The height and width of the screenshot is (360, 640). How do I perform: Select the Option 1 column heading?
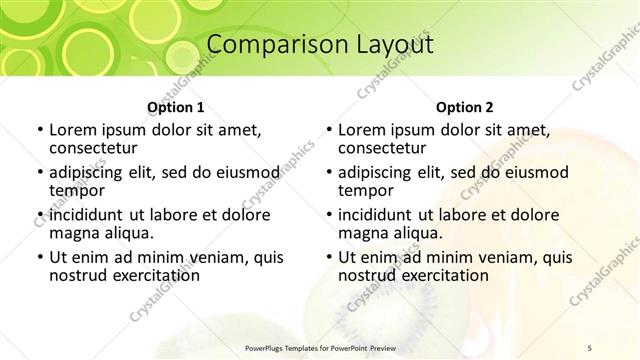coord(176,107)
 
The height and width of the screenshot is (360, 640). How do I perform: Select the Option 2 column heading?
coord(465,107)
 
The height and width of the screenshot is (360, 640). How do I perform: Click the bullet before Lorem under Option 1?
coord(38,131)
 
